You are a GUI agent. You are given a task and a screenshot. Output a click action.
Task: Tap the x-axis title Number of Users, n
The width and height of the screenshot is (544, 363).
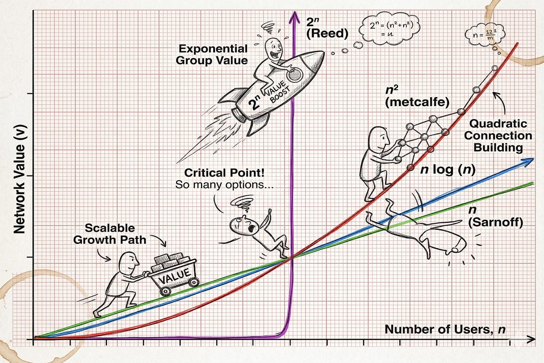pos(445,329)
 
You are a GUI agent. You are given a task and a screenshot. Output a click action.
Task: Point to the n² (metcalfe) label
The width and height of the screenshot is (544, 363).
pos(417,96)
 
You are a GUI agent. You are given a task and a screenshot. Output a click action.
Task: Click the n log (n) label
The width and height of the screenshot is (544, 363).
pos(448,170)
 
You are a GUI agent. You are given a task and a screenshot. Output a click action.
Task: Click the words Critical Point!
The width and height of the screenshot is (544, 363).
pos(224,172)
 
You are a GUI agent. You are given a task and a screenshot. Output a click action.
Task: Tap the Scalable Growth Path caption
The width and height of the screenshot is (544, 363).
pos(110,234)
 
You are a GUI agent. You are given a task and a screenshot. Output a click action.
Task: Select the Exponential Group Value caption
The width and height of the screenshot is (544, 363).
pos(212,54)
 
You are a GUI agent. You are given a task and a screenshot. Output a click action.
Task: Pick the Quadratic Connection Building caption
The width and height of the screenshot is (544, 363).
pos(498,135)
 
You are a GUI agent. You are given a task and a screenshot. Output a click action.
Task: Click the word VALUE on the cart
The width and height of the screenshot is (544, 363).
pos(174,277)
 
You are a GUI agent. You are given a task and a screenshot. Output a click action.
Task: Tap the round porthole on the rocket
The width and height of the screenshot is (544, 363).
pos(295,75)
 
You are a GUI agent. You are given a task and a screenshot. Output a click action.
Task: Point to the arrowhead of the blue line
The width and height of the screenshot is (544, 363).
pos(530,160)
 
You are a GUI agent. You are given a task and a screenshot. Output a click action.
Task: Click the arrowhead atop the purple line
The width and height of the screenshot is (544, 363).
pos(294,16)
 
